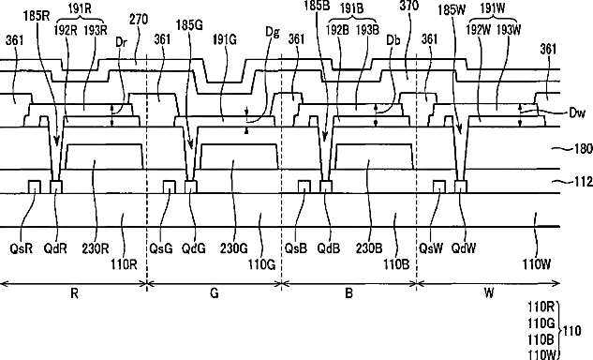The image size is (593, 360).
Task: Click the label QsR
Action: (22, 248)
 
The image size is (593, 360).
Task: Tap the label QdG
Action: (194, 248)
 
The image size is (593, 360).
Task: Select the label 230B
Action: (369, 248)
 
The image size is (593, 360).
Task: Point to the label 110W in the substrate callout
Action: (542, 355)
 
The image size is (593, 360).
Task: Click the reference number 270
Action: (139, 20)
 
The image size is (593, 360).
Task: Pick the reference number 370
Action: (408, 6)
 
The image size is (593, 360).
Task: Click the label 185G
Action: (189, 25)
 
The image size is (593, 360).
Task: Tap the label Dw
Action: (577, 112)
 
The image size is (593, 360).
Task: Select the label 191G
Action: (224, 39)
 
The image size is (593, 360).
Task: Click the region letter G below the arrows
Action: (214, 293)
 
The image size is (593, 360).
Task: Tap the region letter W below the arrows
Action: (489, 293)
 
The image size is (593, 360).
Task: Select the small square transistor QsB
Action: (304, 187)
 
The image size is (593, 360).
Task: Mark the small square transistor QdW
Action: (461, 187)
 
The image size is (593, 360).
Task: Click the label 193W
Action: (509, 29)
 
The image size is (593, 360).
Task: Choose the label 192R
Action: (65, 30)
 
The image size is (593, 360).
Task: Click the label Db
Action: (393, 40)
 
